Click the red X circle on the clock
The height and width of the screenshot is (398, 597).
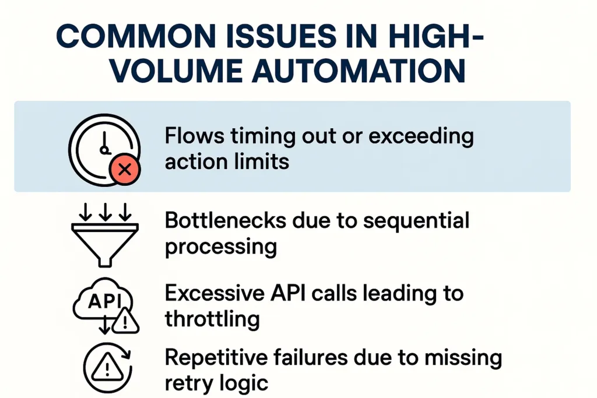[124, 170]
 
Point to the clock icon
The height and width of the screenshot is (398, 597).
[104, 148]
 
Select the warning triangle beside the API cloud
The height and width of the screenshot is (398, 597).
[125, 321]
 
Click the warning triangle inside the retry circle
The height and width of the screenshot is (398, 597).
[106, 367]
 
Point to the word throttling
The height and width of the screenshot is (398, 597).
[212, 319]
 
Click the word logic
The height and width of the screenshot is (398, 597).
[246, 383]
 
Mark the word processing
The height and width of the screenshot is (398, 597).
[220, 247]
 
